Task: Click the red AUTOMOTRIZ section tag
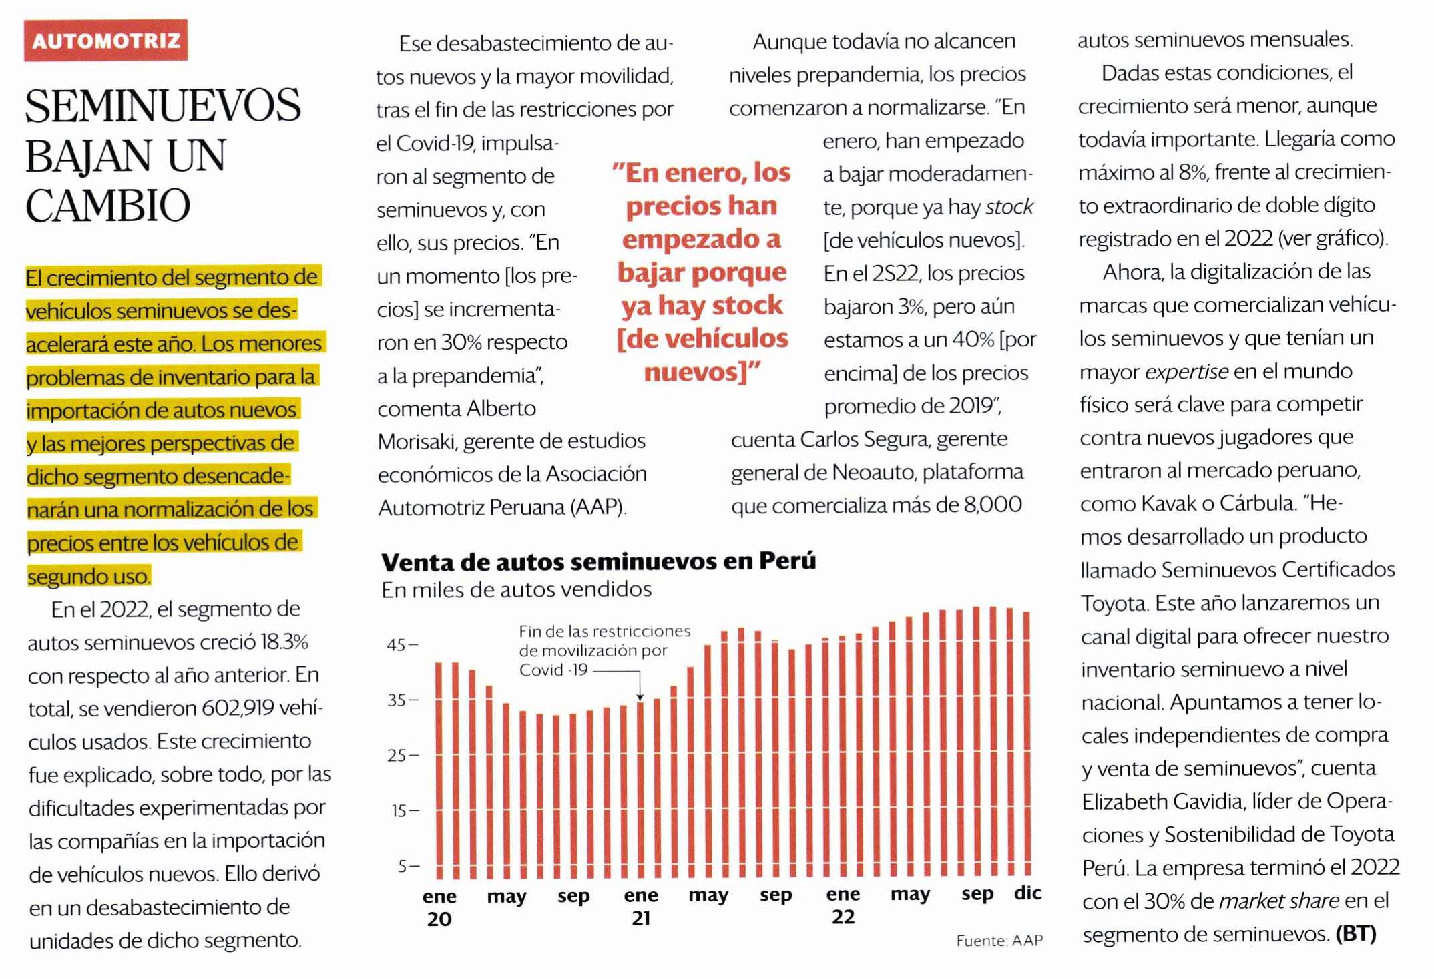(x=105, y=41)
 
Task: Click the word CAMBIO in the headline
(x=108, y=205)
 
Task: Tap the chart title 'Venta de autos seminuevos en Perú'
(x=598, y=562)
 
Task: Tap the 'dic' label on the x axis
(x=1027, y=893)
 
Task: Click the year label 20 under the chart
(x=439, y=919)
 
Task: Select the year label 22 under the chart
(x=843, y=917)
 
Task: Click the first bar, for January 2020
(x=439, y=768)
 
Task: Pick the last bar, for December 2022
(x=1027, y=741)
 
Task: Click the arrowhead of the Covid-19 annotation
(x=640, y=697)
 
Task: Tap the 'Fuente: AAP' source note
(x=999, y=941)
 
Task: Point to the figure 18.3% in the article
(x=284, y=642)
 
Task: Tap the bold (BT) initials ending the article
(x=1356, y=933)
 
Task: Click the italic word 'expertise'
(x=1186, y=371)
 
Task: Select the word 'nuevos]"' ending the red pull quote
(x=702, y=372)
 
